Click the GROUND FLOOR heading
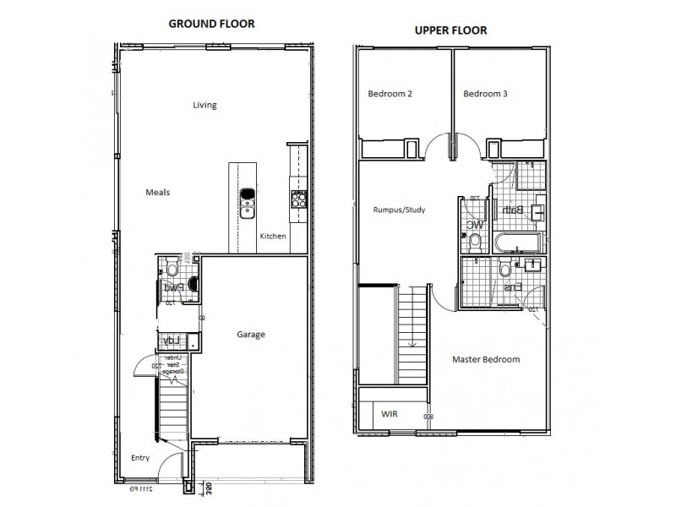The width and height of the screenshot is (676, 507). point(211,24)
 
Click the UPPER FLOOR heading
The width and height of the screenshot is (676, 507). point(450,30)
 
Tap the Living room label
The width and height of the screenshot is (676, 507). point(204,106)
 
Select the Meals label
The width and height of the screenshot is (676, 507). point(157,193)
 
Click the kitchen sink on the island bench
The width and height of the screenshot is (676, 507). point(248,203)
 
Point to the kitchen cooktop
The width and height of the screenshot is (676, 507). point(298,199)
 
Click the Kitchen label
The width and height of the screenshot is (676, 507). point(273,236)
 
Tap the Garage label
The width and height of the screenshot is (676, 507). point(251,335)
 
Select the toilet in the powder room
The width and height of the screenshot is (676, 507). point(172,270)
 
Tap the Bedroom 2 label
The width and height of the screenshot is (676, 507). point(390,94)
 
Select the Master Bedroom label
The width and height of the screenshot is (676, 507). point(486,359)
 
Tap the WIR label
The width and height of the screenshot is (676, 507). point(390,414)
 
